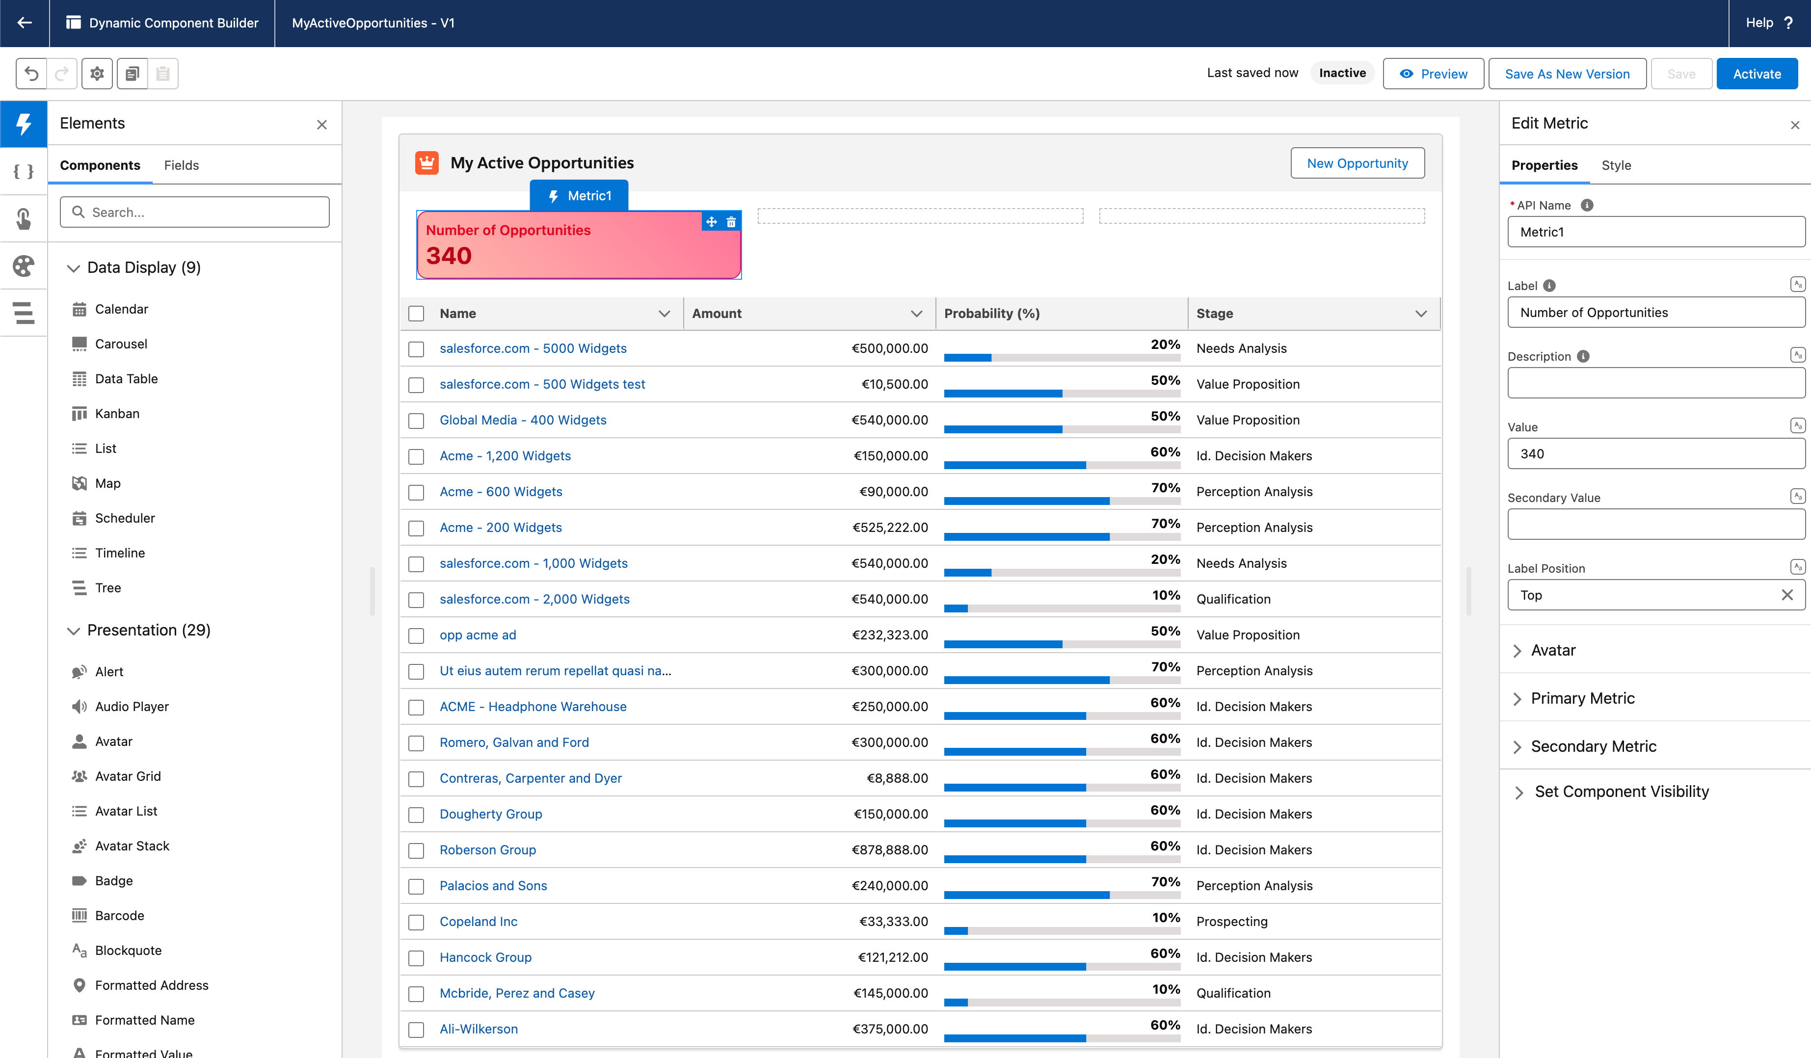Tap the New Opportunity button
click(x=1357, y=163)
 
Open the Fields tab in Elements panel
click(x=181, y=165)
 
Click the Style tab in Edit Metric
click(x=1616, y=165)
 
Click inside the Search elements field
click(x=195, y=212)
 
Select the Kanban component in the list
click(x=117, y=413)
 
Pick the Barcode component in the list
click(x=119, y=915)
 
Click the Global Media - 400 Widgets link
click(x=523, y=420)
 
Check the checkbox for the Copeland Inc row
click(x=416, y=922)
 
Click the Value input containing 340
click(x=1656, y=453)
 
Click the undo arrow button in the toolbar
click(x=31, y=73)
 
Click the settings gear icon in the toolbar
click(x=97, y=73)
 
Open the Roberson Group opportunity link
click(x=487, y=849)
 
